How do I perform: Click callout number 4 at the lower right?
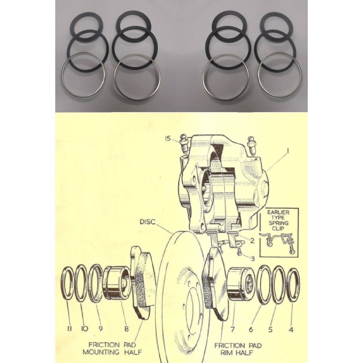pyautogui.click(x=291, y=330)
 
